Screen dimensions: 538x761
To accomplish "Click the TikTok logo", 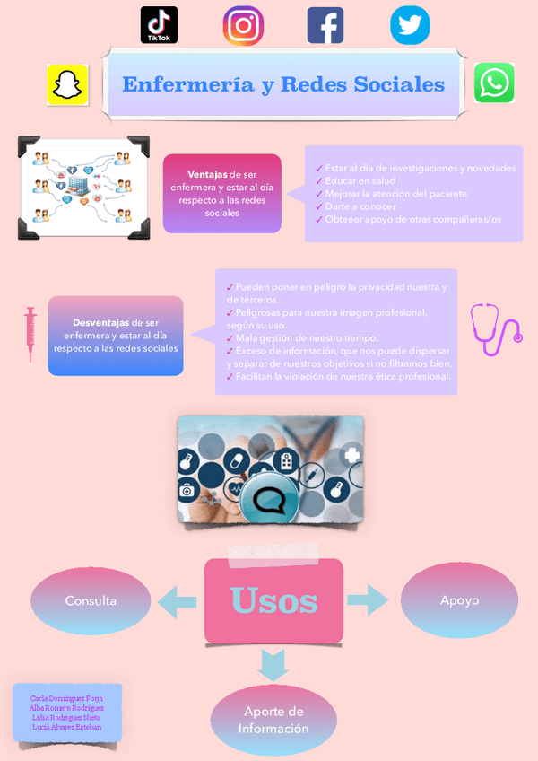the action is tap(159, 25).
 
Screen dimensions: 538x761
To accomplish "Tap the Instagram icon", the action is tap(243, 25).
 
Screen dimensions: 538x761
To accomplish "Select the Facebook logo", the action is tap(325, 25).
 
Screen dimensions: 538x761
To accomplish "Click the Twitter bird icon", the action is tap(410, 25).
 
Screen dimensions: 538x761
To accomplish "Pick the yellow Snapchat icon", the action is tap(67, 84).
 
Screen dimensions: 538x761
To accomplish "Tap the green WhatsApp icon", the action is tap(494, 83).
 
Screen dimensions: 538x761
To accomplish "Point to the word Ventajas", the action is tap(207, 174).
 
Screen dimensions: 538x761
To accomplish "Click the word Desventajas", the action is tap(100, 321).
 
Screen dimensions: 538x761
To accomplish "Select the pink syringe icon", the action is tap(30, 334).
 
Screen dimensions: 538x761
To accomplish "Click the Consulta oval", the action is tap(91, 600).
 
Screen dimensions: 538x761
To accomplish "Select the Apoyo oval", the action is tap(459, 600).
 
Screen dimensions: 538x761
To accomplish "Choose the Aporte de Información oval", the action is tap(273, 720).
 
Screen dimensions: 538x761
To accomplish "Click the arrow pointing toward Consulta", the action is tap(178, 600).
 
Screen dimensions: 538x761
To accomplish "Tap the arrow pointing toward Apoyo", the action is tap(368, 600).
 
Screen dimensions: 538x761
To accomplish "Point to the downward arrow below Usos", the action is tap(273, 665).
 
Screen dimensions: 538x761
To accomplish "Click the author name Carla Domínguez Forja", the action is tap(66, 697).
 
